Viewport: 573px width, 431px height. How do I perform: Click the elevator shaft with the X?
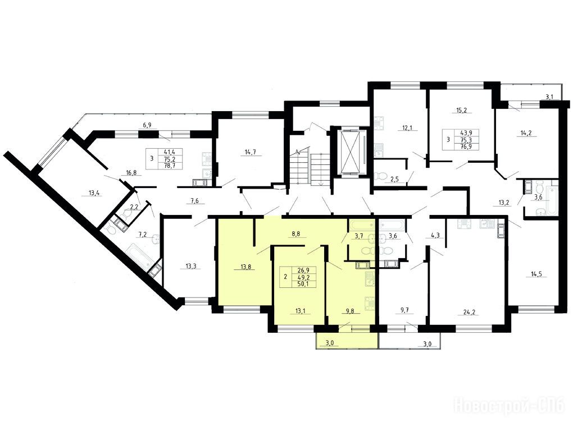tap(351, 152)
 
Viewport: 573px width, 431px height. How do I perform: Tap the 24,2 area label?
tap(469, 312)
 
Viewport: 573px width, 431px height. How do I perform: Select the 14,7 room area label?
tap(251, 153)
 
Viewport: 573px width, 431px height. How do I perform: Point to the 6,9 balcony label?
tap(147, 125)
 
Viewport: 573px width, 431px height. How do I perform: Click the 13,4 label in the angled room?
tap(94, 193)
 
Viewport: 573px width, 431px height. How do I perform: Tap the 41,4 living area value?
tap(169, 152)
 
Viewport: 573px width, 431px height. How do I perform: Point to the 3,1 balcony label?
tap(549, 97)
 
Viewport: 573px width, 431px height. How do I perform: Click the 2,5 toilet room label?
tap(394, 178)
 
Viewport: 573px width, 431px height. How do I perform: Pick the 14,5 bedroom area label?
tap(531, 274)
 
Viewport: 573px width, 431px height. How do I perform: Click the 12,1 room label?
tap(407, 128)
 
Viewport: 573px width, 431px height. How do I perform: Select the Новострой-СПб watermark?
tap(510, 405)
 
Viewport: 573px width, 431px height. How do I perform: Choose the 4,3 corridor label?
tap(435, 236)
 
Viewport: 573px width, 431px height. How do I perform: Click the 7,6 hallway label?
tap(194, 200)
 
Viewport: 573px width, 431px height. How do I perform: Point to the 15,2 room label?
tap(462, 110)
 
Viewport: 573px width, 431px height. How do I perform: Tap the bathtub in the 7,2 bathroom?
tap(140, 256)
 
